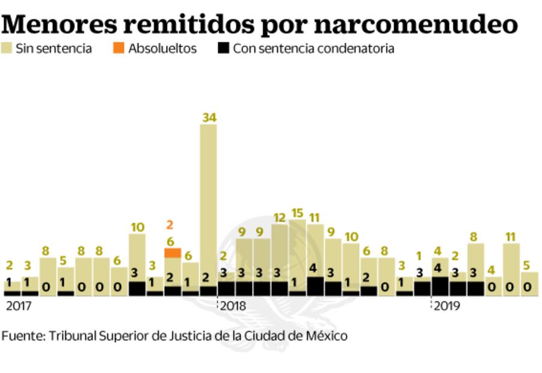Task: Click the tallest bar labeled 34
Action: [x=208, y=199]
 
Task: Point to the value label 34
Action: [x=208, y=118]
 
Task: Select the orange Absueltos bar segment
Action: [x=173, y=253]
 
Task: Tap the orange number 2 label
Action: [x=170, y=226]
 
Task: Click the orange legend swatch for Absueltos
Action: [x=118, y=49]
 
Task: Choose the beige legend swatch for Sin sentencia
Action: [x=7, y=49]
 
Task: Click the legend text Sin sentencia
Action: [x=54, y=49]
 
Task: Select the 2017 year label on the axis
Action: [x=18, y=306]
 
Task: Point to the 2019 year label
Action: [x=446, y=306]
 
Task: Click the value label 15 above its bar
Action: [x=297, y=213]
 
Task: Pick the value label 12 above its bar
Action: [x=279, y=217]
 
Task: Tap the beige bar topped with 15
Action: [x=297, y=253]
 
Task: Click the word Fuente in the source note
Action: [x=21, y=336]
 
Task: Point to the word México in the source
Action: [x=324, y=336]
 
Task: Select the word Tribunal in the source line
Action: [x=70, y=336]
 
